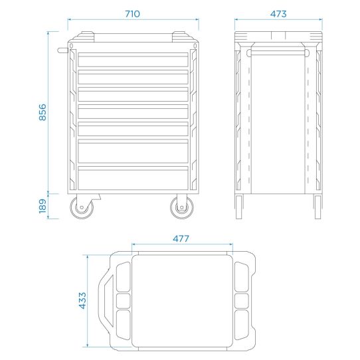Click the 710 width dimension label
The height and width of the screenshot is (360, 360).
[x=132, y=14]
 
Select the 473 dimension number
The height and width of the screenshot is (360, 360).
[x=278, y=14]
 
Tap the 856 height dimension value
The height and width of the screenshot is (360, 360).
[x=43, y=112]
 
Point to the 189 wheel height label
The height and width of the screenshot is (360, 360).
[x=43, y=206]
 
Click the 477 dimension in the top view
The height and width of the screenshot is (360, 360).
[x=181, y=238]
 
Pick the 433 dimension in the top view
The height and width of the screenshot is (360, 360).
[x=82, y=300]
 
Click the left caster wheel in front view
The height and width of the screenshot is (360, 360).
[x=82, y=207]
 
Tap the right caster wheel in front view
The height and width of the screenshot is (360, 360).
[x=182, y=207]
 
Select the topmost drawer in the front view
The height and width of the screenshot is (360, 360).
[x=133, y=60]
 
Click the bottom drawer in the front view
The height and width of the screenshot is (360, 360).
[x=133, y=178]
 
